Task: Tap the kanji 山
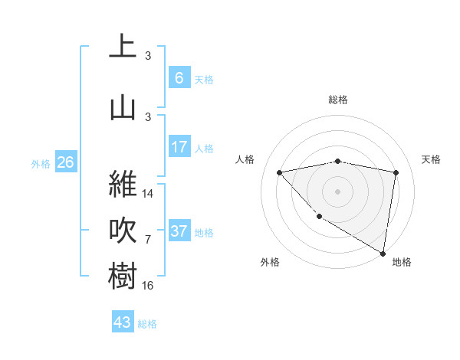pyautogui.click(x=123, y=106)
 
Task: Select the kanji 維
pyautogui.click(x=123, y=184)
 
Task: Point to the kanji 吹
pyautogui.click(x=123, y=230)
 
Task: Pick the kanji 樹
pyautogui.click(x=123, y=276)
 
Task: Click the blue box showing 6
pyautogui.click(x=179, y=77)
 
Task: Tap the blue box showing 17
pyautogui.click(x=179, y=147)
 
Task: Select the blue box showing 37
pyautogui.click(x=179, y=231)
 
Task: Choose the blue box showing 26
pyautogui.click(x=65, y=162)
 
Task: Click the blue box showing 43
pyautogui.click(x=123, y=322)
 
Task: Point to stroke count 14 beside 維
pyautogui.click(x=148, y=194)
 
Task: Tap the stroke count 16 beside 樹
pyautogui.click(x=148, y=285)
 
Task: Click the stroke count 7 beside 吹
pyautogui.click(x=148, y=240)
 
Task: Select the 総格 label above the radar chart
pyautogui.click(x=338, y=100)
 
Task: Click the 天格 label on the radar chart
pyautogui.click(x=432, y=159)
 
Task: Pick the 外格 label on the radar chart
pyautogui.click(x=270, y=262)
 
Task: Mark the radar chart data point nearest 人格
pyautogui.click(x=279, y=172)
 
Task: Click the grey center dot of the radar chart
pyautogui.click(x=338, y=191)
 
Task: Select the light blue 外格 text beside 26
pyautogui.click(x=41, y=163)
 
